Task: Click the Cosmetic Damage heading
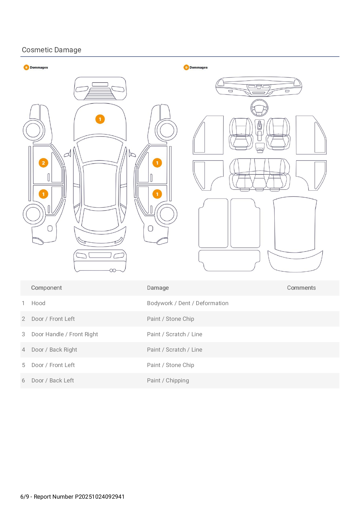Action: (x=51, y=50)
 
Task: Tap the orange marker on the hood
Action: (x=100, y=119)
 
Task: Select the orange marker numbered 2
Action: (x=43, y=163)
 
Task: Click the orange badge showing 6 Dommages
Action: (x=26, y=67)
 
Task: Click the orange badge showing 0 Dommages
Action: (x=186, y=67)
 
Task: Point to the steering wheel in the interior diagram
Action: (x=259, y=108)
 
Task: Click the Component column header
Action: (x=46, y=288)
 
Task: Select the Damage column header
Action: (x=158, y=288)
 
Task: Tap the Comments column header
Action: (x=301, y=288)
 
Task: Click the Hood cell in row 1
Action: (x=38, y=303)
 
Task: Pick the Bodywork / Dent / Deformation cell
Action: (x=188, y=303)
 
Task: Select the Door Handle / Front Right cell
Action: (x=64, y=334)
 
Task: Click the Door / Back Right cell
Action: (x=54, y=350)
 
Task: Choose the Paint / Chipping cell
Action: (x=168, y=380)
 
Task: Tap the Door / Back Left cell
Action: (x=53, y=380)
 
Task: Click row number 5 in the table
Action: (x=24, y=365)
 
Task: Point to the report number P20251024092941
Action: (x=100, y=497)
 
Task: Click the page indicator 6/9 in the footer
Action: (x=25, y=497)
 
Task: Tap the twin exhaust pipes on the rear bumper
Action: (x=113, y=271)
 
